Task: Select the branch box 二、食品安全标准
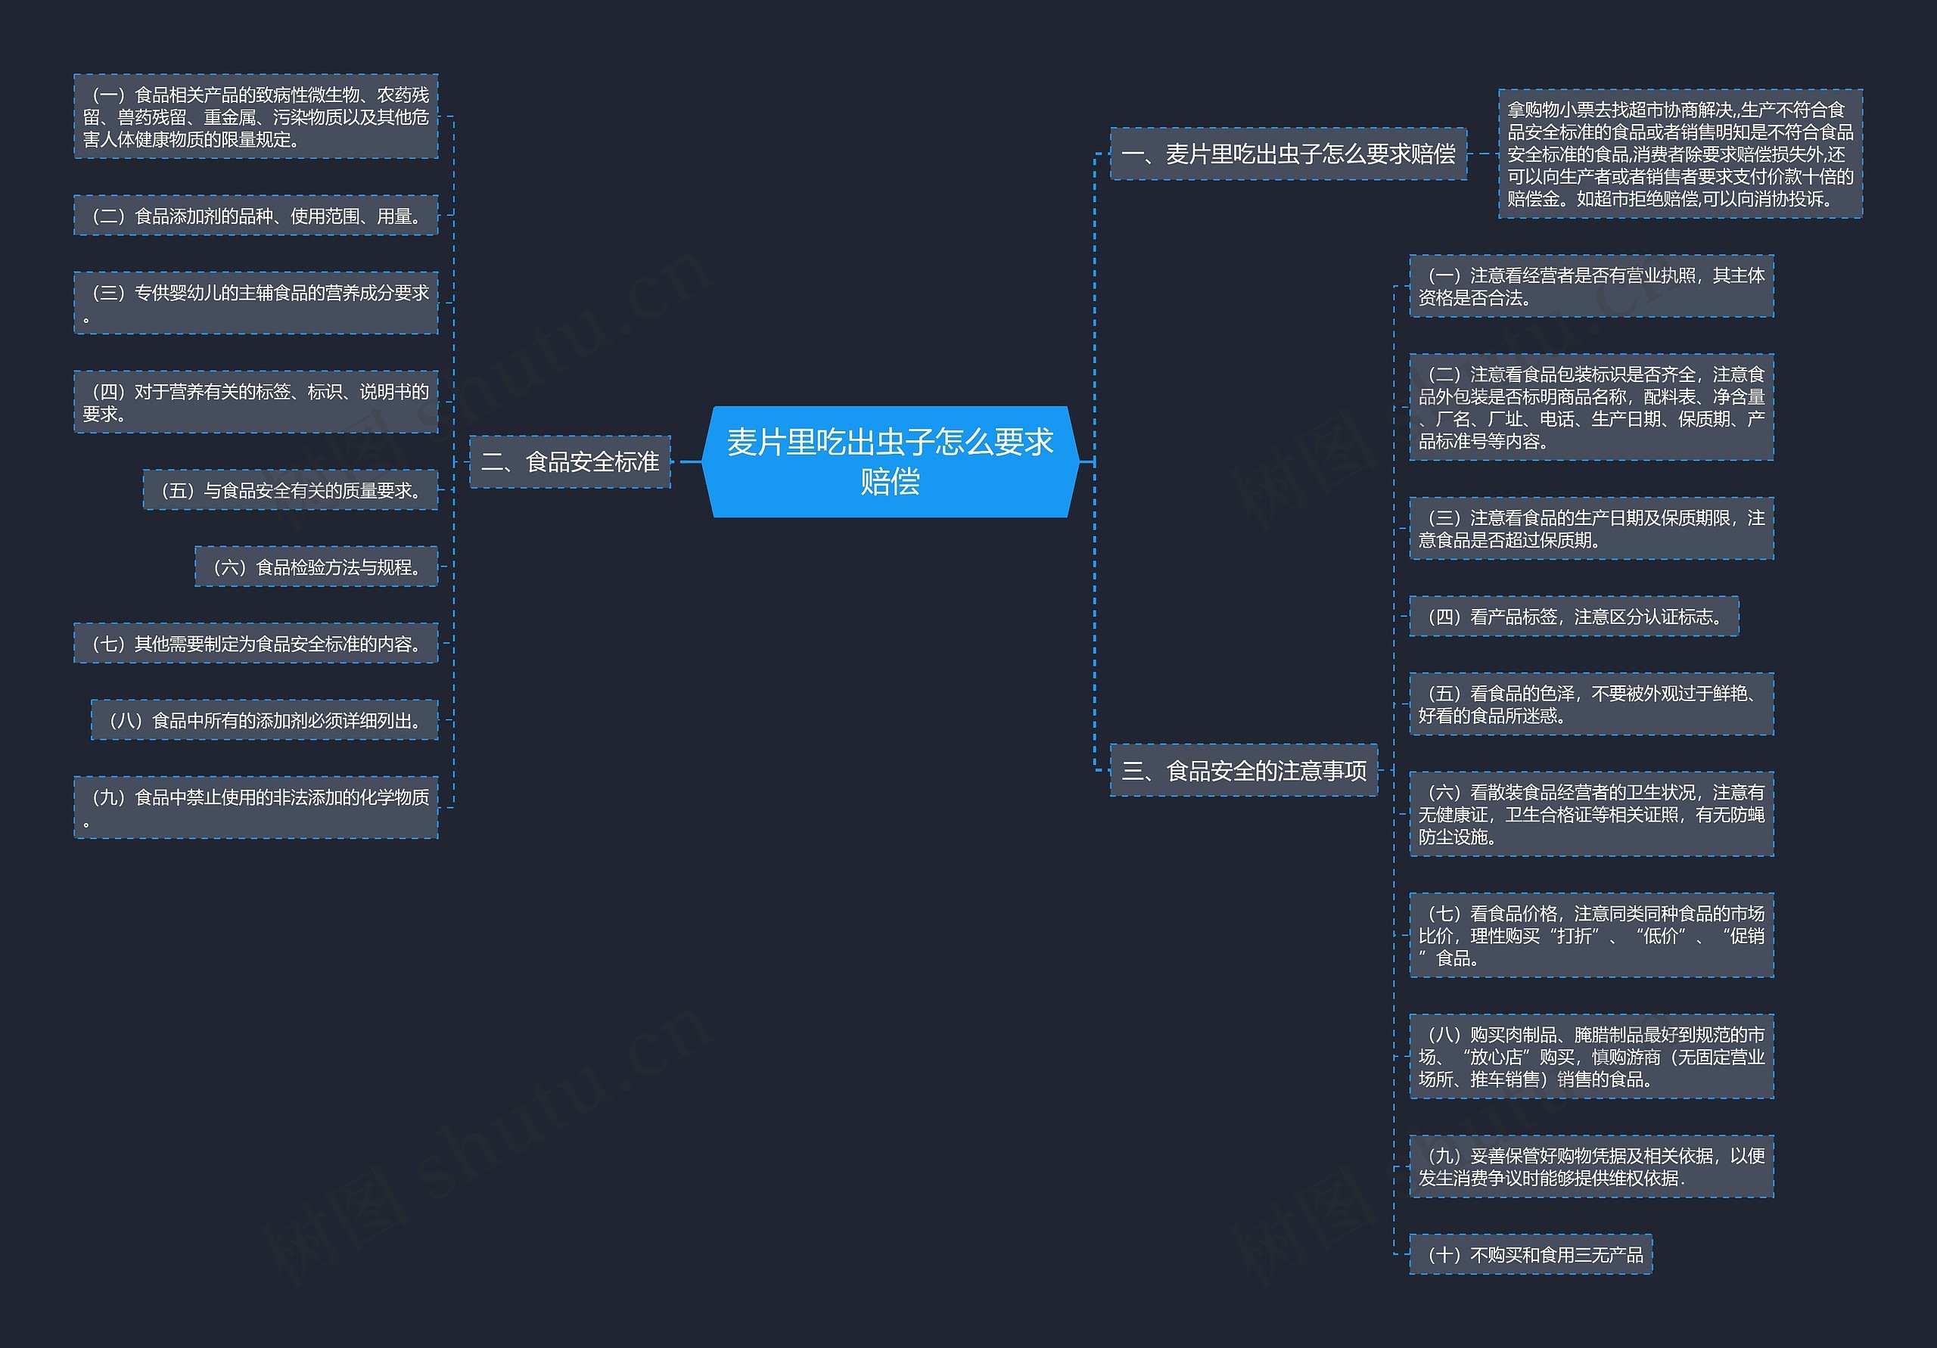point(570,461)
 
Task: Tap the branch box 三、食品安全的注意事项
point(1242,769)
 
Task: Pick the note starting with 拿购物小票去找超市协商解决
point(1680,154)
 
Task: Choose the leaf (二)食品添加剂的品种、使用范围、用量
point(256,215)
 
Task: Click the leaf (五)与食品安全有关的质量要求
point(291,489)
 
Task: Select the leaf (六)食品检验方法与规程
point(316,566)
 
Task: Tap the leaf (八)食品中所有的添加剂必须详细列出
point(264,719)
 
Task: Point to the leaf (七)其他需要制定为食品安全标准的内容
point(256,643)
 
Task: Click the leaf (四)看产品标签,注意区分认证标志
point(1573,616)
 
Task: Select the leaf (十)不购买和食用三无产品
point(1531,1253)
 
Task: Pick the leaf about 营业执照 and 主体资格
point(1591,286)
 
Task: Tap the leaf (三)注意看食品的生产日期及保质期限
point(1591,528)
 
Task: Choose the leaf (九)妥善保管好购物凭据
point(1591,1166)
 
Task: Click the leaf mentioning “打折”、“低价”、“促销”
point(1591,935)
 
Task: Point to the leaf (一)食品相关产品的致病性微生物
point(256,116)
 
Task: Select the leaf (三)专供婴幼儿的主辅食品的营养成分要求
point(256,303)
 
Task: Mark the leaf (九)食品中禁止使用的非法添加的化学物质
point(256,806)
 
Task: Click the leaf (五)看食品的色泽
point(1591,704)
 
